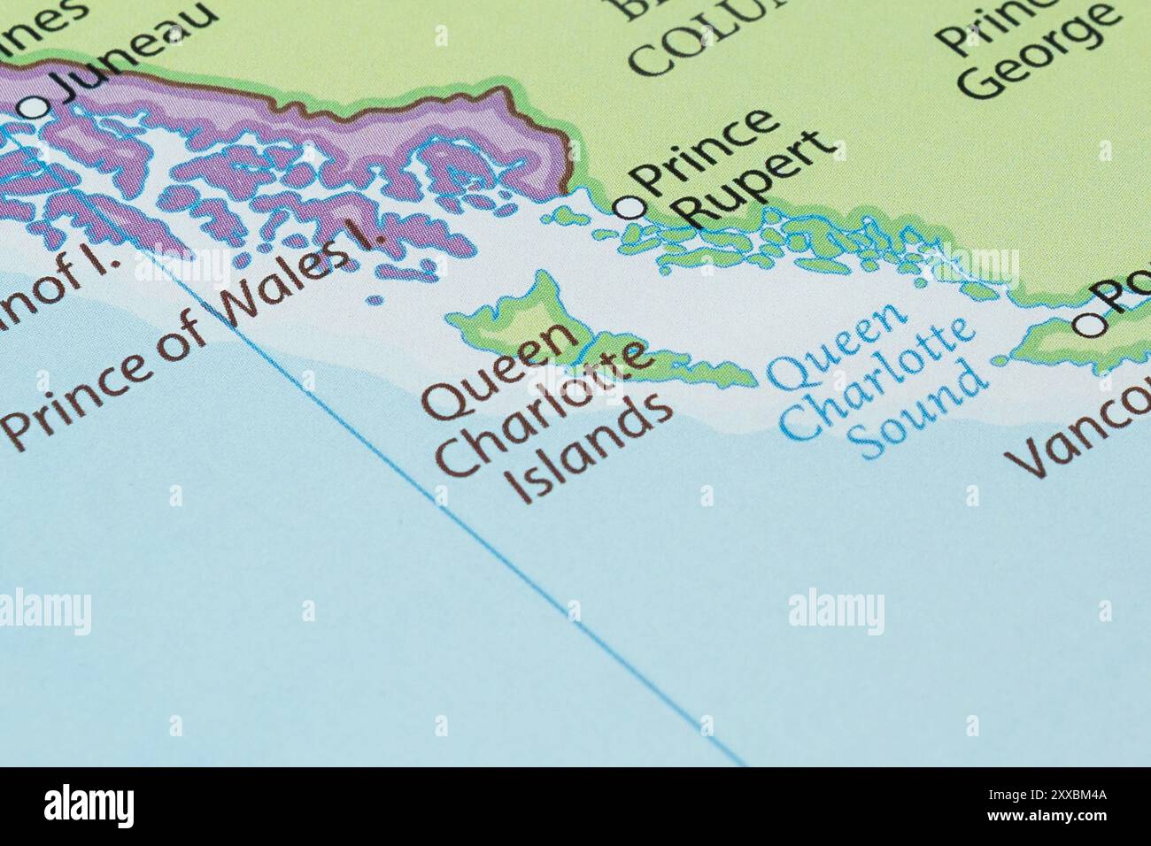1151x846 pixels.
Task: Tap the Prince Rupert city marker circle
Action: click(630, 207)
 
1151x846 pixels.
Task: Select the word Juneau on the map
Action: click(133, 51)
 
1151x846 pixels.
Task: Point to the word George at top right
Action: click(1036, 53)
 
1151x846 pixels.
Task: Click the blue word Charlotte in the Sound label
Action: click(877, 381)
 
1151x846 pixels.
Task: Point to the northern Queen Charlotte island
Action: click(522, 310)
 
